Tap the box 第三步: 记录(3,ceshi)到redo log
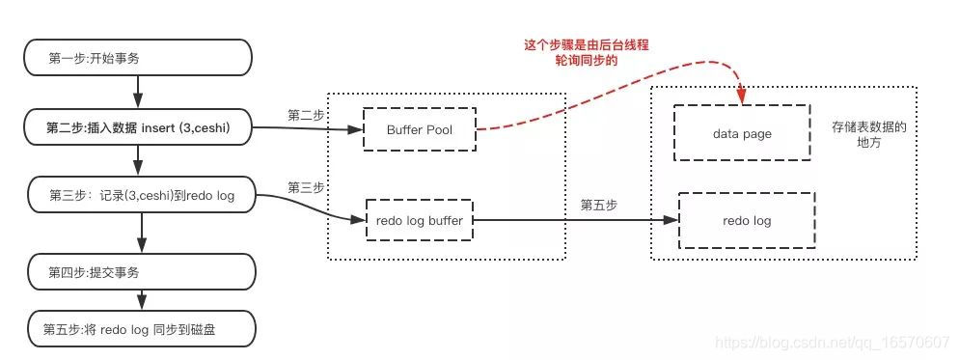coord(141,195)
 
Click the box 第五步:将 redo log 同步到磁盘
coord(141,329)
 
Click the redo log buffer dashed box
coord(420,221)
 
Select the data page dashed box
coord(742,134)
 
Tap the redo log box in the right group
coord(746,221)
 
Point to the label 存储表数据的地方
coord(868,134)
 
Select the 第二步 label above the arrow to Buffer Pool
coord(306,114)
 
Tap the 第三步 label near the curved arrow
coord(306,185)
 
